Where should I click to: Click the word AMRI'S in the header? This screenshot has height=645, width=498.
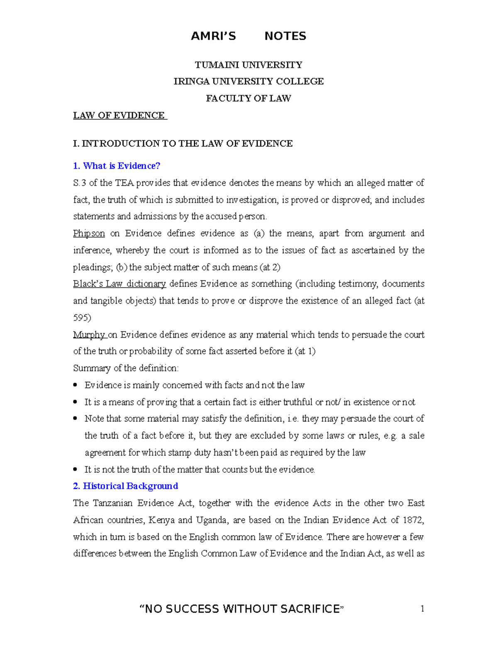213,36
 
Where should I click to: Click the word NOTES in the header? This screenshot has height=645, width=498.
285,36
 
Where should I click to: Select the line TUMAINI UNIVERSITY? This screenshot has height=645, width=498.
249,65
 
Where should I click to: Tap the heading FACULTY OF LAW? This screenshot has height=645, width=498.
249,98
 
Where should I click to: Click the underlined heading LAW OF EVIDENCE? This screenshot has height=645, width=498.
119,115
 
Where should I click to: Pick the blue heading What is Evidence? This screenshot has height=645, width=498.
117,166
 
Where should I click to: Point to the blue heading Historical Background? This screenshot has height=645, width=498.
126,486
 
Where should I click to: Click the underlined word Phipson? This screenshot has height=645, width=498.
89,233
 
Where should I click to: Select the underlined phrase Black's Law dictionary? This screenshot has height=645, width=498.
120,284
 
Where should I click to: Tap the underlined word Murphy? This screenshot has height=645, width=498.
89,335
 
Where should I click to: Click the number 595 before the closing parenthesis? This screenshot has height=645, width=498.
81,318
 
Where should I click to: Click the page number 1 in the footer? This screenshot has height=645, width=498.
422,609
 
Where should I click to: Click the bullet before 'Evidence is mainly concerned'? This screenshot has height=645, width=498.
75,385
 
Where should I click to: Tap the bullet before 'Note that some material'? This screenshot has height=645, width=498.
75,419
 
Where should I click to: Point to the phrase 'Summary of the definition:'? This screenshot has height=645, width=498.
126,368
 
